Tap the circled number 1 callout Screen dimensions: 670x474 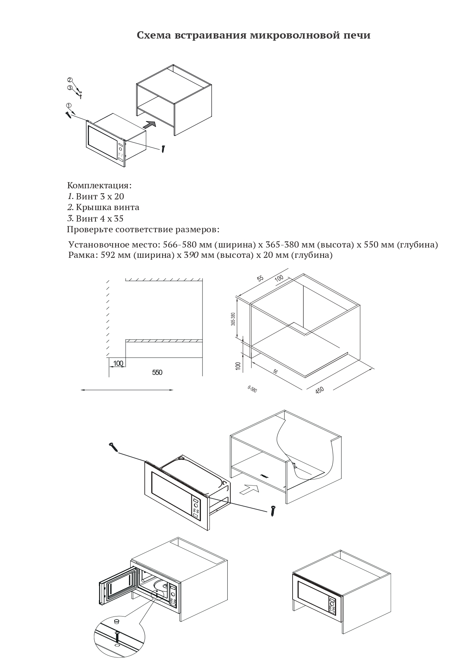click(68, 105)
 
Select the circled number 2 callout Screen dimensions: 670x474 click(70, 80)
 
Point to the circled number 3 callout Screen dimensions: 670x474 click(70, 87)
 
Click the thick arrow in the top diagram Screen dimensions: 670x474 click(150, 124)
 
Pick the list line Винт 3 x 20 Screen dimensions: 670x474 click(95, 197)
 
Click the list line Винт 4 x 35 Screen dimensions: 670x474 click(95, 218)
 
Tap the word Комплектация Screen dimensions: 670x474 click(99, 186)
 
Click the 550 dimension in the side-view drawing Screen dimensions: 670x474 click(157, 372)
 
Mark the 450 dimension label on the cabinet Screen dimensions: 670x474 click(320, 390)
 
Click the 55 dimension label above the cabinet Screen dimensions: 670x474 click(260, 278)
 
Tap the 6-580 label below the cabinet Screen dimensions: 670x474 click(252, 389)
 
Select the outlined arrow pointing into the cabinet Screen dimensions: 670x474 click(250, 488)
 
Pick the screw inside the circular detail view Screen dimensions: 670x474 click(118, 635)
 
